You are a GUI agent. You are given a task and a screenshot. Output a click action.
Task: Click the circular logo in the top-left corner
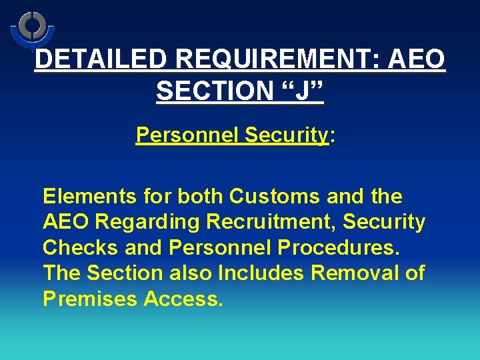31,27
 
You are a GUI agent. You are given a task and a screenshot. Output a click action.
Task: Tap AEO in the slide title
418,60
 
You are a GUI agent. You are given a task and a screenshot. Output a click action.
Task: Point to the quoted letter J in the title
302,91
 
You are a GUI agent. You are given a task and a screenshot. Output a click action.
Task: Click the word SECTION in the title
215,91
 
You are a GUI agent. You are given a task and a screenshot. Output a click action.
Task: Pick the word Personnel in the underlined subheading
187,135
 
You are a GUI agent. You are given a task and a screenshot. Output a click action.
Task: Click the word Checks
80,247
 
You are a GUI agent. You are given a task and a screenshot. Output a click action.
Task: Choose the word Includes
259,273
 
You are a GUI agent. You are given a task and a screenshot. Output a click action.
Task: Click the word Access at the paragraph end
182,299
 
